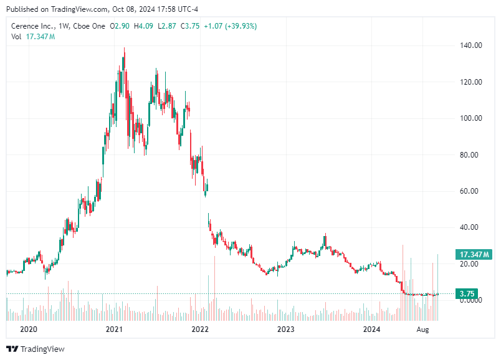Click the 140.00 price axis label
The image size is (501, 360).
pos(471,45)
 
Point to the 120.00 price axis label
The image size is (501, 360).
pos(471,82)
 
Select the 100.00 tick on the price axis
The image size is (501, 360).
pos(471,118)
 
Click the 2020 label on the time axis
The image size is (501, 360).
pos(29,329)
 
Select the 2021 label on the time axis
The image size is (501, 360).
pos(114,329)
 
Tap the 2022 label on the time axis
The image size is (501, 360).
pos(200,329)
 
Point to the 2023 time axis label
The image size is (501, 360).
pos(285,329)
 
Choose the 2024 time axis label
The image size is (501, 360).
pos(371,329)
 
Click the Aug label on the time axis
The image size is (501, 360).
pos(424,329)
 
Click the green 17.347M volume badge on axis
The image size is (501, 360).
pos(475,254)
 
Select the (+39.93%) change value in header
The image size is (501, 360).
pos(237,26)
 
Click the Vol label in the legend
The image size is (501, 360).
pos(16,37)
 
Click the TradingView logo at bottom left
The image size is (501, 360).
pos(36,349)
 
